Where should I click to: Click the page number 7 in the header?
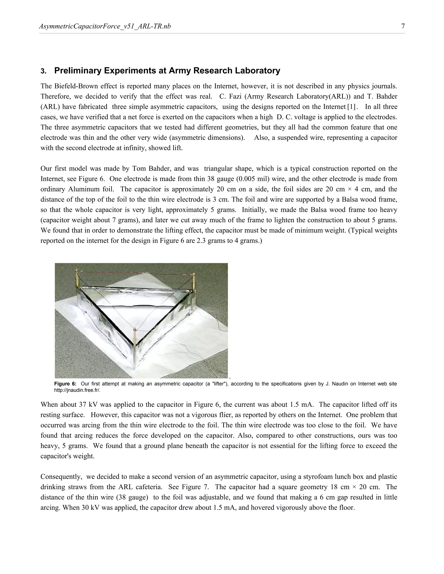coord(403,26)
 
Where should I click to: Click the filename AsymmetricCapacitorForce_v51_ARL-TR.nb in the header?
coord(105,26)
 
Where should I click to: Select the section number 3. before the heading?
coord(43,71)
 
